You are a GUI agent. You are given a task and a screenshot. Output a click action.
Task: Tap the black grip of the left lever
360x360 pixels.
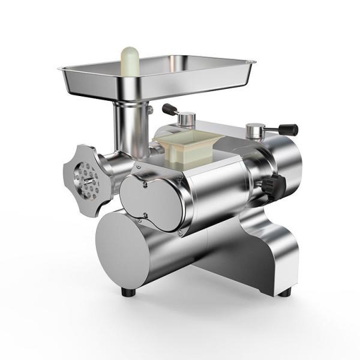point(170,109)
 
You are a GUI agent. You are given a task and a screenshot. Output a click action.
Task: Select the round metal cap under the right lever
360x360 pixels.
point(256,128)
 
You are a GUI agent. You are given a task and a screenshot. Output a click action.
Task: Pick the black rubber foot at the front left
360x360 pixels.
point(127,292)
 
